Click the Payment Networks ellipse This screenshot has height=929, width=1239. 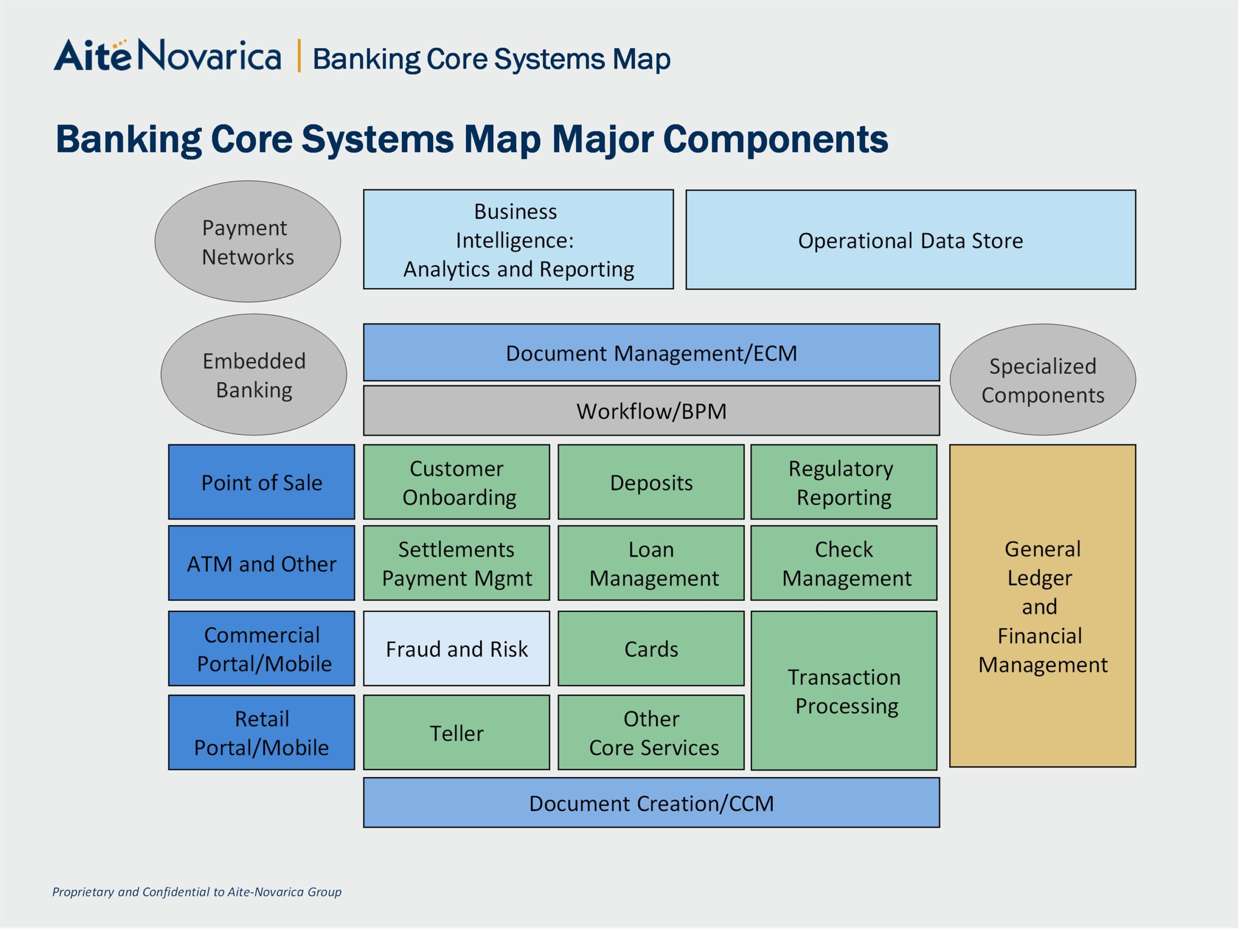pyautogui.click(x=248, y=241)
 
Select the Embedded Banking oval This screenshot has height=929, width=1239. pyautogui.click(x=254, y=375)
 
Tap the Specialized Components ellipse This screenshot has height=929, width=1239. pyautogui.click(x=1043, y=380)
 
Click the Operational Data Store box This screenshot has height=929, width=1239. pyautogui.click(x=910, y=240)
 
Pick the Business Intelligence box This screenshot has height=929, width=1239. pyautogui.click(x=518, y=239)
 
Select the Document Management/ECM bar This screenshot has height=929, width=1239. pyautogui.click(x=651, y=353)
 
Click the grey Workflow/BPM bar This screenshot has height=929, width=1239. pyautogui.click(x=651, y=410)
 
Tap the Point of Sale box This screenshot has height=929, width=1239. pyautogui.click(x=261, y=482)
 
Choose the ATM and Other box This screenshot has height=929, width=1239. pyautogui.click(x=261, y=563)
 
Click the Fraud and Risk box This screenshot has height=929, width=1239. pyautogui.click(x=456, y=648)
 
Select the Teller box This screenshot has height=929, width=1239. pyautogui.click(x=456, y=733)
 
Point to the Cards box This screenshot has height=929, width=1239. pyautogui.click(x=651, y=648)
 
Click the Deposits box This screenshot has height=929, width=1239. pyautogui.click(x=651, y=482)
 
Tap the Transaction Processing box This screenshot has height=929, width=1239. pyautogui.click(x=844, y=690)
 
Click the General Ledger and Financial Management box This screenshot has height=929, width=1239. pyautogui.click(x=1042, y=606)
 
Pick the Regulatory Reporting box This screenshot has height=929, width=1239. pyautogui.click(x=844, y=482)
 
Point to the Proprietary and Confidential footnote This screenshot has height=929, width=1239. pyautogui.click(x=196, y=891)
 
